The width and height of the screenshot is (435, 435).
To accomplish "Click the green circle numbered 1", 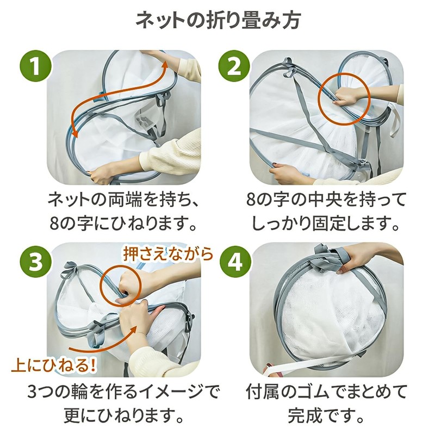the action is click(x=35, y=66).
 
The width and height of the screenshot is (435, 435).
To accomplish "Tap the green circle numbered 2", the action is click(x=234, y=66).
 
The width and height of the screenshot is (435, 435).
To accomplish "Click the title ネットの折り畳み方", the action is click(x=218, y=21).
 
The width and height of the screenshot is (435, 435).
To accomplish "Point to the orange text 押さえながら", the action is click(x=169, y=253).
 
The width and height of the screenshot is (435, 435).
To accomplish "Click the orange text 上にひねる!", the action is click(x=54, y=366).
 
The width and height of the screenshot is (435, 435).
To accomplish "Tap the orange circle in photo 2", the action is click(x=344, y=98).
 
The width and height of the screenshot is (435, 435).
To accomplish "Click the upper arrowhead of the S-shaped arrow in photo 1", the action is click(x=165, y=66).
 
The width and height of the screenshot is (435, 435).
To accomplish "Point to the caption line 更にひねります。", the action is click(x=124, y=415).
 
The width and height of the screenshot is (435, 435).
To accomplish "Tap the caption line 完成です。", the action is click(x=325, y=415).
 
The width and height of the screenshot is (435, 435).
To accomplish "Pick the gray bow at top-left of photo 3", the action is click(x=69, y=269).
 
